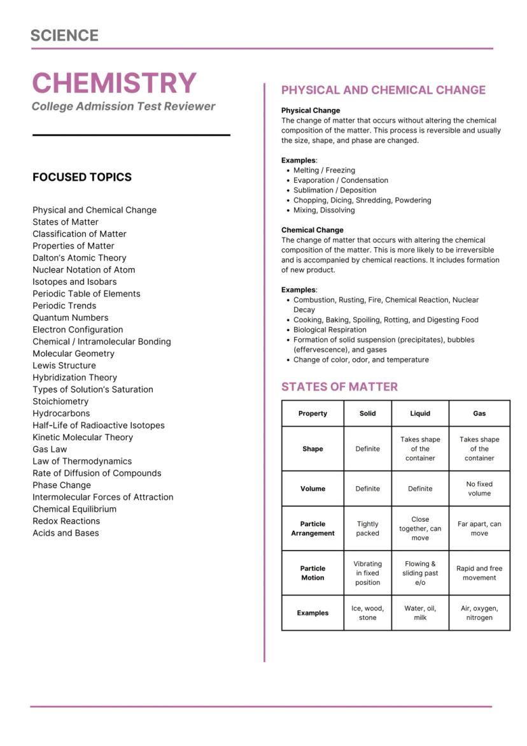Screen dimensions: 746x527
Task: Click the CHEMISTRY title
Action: (115, 83)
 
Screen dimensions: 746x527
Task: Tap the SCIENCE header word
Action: (64, 36)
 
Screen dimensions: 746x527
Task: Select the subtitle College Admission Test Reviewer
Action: (123, 106)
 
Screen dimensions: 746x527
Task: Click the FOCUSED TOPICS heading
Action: (82, 177)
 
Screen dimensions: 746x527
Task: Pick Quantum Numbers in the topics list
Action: (71, 317)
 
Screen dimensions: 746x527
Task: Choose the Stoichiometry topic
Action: (60, 401)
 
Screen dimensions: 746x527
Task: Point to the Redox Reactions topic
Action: (66, 521)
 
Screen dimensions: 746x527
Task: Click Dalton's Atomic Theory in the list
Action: (80, 257)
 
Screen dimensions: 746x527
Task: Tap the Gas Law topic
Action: (50, 449)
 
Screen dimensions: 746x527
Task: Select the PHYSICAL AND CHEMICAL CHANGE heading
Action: (383, 90)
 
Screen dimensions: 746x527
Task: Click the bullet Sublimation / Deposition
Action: (335, 190)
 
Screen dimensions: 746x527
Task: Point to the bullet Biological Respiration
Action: (330, 330)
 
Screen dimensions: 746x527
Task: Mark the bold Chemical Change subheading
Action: (312, 230)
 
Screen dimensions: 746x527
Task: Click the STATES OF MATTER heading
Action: (339, 387)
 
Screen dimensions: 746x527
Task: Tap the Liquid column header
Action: (420, 413)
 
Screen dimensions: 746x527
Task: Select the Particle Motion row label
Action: (313, 573)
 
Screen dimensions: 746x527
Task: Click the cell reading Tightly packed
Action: (367, 529)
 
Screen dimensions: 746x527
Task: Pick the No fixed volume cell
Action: (479, 489)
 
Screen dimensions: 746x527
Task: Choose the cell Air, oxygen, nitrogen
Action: (479, 613)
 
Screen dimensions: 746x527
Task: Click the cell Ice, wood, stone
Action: (367, 613)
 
